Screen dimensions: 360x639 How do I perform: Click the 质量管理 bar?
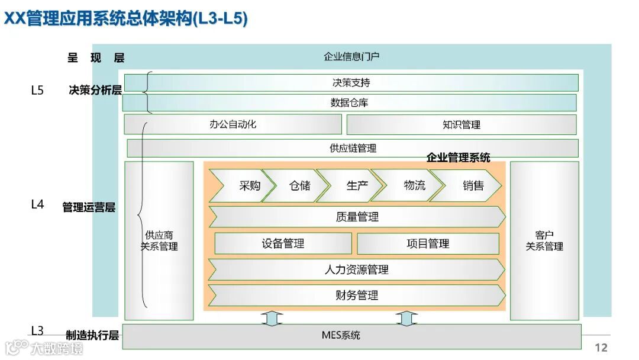click(357, 217)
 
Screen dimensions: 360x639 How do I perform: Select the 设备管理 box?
click(283, 243)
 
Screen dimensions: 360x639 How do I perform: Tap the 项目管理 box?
click(428, 243)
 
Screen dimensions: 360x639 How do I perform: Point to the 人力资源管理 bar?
click(357, 270)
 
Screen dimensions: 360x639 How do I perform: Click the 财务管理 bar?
click(357, 295)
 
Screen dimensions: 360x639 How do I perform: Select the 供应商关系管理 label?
click(159, 241)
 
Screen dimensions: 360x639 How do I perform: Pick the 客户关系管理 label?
click(544, 241)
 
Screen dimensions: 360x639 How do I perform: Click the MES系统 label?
click(341, 336)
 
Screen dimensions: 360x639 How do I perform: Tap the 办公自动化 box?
click(233, 124)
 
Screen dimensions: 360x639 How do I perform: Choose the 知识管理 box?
click(461, 124)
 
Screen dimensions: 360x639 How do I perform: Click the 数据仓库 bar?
click(349, 102)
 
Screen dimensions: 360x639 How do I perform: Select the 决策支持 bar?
click(351, 83)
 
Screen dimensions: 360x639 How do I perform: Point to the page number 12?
click(601, 348)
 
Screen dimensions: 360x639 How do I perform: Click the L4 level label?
click(37, 204)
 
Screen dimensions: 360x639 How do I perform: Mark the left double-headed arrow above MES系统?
click(272, 319)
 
